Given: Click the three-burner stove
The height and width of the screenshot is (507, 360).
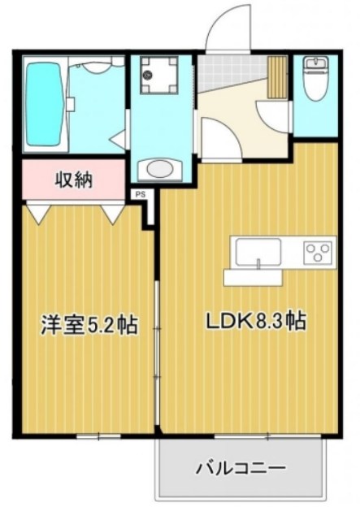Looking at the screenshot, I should pyautogui.click(x=319, y=251).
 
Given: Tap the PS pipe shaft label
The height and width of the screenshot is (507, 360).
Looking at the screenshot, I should pyautogui.click(x=140, y=195).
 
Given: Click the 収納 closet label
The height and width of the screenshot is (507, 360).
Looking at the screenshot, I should pyautogui.click(x=72, y=180).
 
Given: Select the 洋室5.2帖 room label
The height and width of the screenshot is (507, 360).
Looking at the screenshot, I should pyautogui.click(x=89, y=325).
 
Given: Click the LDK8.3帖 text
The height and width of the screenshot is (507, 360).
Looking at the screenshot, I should pyautogui.click(x=254, y=321).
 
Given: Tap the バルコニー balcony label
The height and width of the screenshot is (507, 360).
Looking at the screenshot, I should pyautogui.click(x=241, y=469).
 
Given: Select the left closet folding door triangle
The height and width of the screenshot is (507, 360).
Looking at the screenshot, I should pyautogui.click(x=37, y=213).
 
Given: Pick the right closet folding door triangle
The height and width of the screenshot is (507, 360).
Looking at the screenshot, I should pyautogui.click(x=113, y=213).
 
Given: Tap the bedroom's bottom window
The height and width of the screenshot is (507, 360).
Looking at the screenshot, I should pyautogui.click(x=98, y=436).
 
